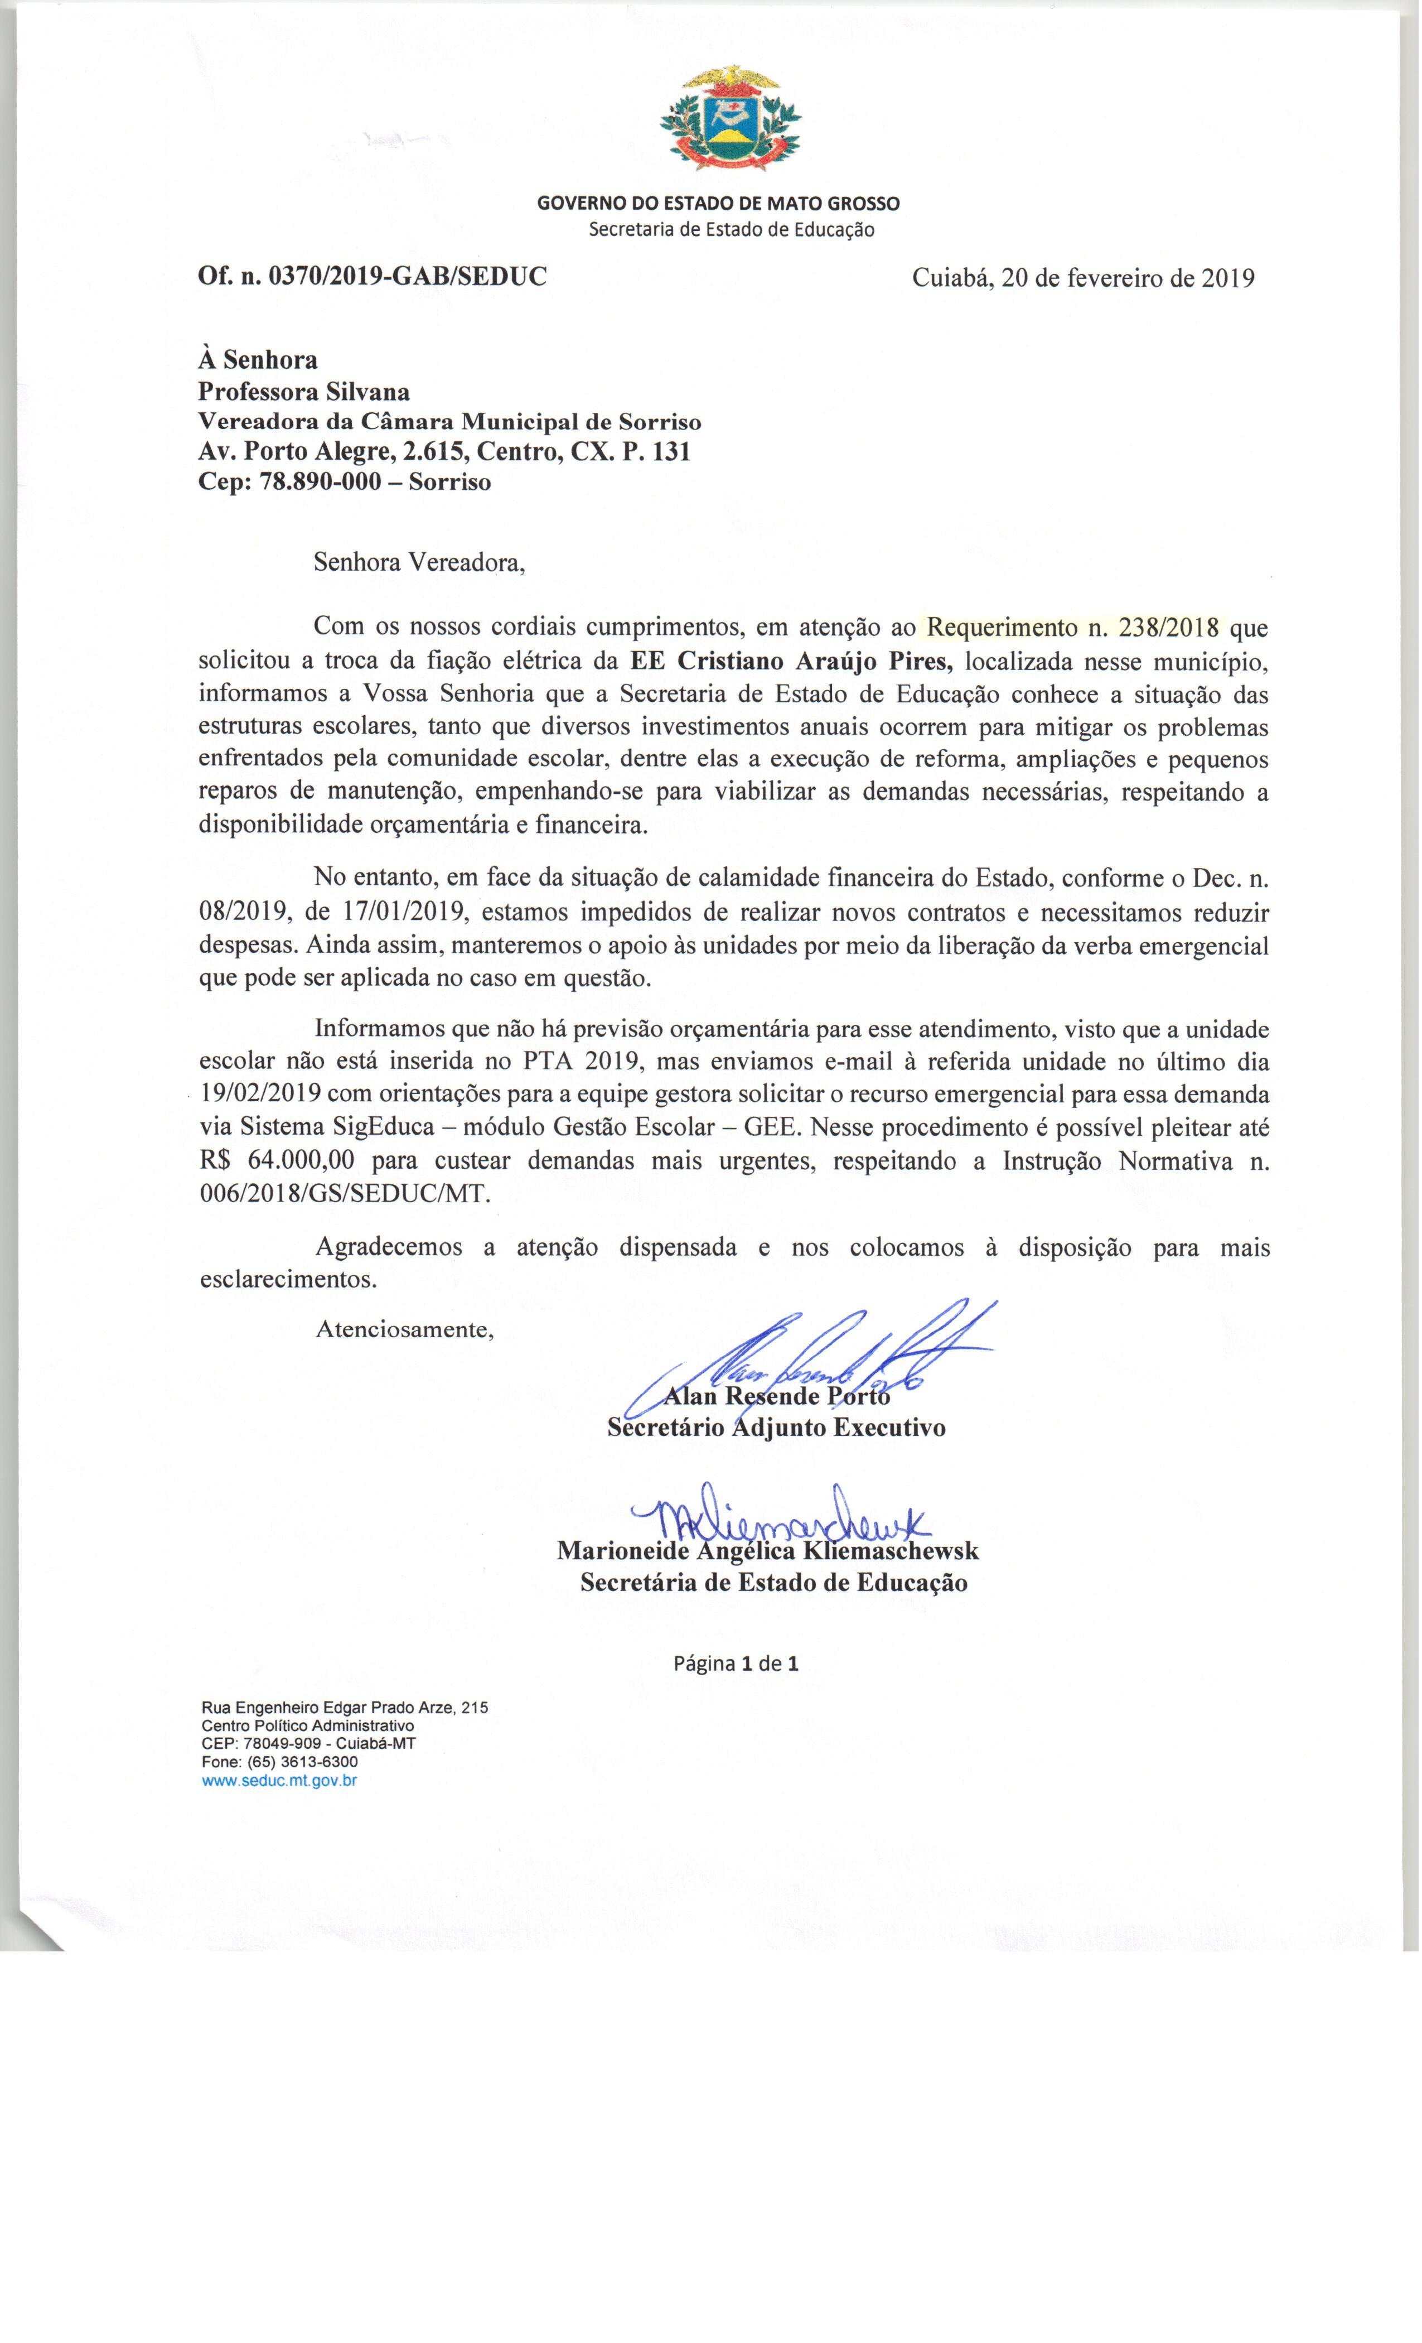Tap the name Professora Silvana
(x=304, y=391)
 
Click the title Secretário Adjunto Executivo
(x=777, y=1428)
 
